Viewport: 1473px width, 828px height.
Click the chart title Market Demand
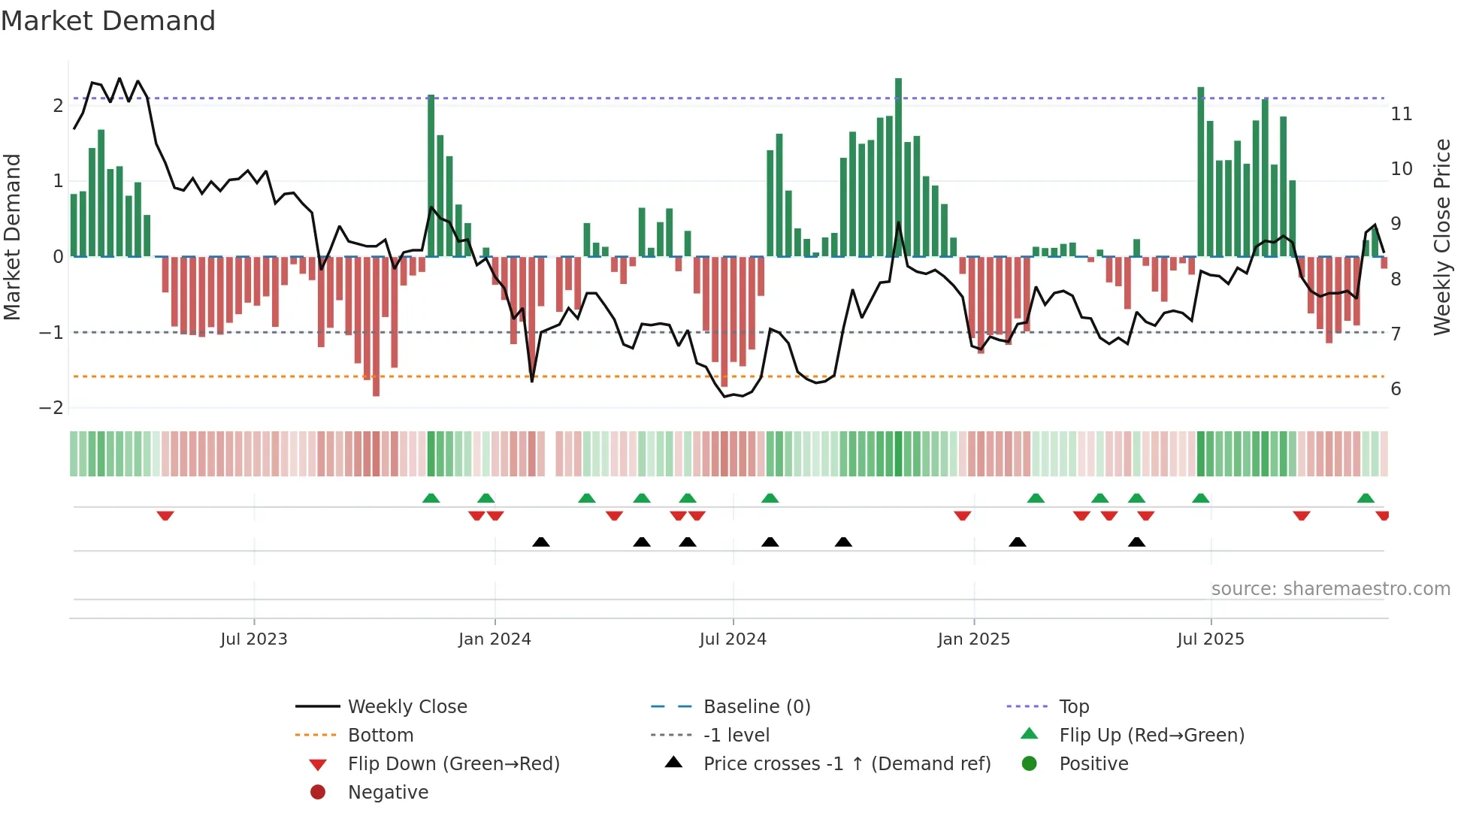coord(108,21)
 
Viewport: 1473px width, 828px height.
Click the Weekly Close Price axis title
coord(1441,237)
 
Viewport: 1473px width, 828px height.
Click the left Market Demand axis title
coord(12,237)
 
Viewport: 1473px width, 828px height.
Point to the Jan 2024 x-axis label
coord(495,639)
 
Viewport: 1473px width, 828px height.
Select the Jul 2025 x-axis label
coord(1210,639)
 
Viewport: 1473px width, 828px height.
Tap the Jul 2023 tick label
coord(253,639)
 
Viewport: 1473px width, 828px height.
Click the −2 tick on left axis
coord(52,408)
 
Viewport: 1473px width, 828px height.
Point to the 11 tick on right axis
coord(1401,114)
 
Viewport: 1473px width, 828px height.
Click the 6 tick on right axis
coord(1396,389)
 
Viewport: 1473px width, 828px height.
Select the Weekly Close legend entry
coord(407,707)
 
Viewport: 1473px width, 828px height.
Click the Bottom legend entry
coord(380,736)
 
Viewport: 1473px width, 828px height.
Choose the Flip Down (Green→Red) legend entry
coord(453,764)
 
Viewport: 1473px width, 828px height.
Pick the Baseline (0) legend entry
coord(756,707)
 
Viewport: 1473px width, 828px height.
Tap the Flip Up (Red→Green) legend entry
coord(1151,736)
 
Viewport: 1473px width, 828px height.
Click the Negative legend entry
coord(388,793)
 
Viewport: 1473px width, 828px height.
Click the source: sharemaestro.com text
coord(1330,589)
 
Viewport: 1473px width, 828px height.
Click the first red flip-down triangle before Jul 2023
coord(165,515)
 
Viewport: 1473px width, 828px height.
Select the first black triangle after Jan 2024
coord(540,542)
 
